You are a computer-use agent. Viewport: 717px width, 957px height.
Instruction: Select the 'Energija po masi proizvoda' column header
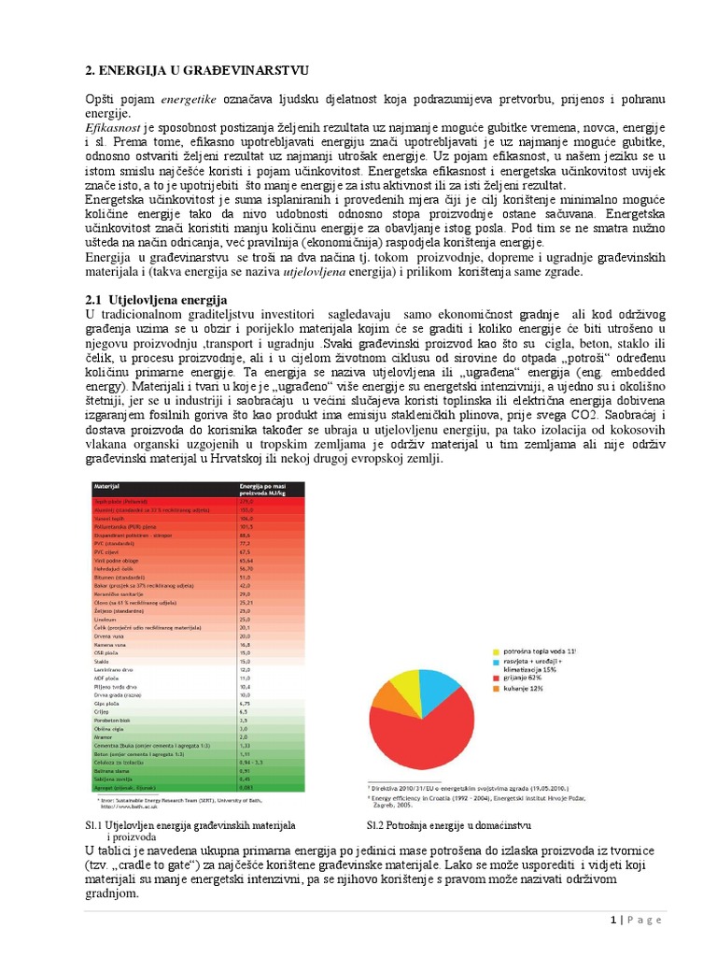point(264,492)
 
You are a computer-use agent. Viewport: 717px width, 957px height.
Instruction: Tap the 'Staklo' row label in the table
point(104,661)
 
